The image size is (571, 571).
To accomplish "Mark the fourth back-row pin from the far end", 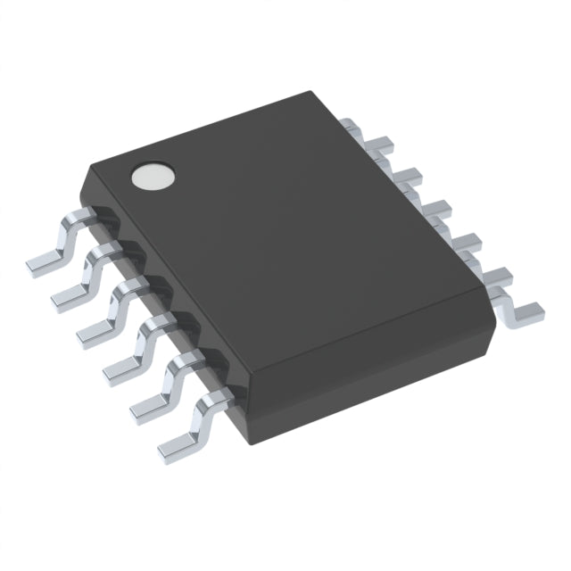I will [435, 211].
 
